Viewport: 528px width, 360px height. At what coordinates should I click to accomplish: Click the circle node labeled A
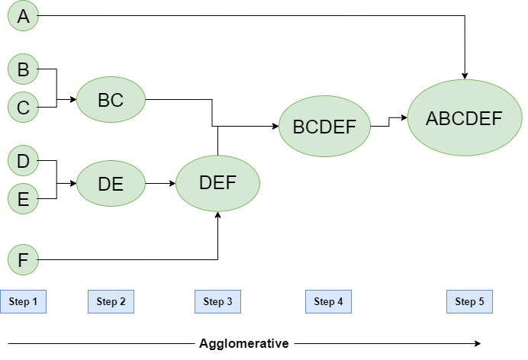(x=23, y=16)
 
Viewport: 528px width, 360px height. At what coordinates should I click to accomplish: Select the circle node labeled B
(x=23, y=69)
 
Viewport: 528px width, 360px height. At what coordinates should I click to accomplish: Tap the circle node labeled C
(x=23, y=108)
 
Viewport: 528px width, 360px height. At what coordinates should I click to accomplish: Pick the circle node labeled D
(x=23, y=161)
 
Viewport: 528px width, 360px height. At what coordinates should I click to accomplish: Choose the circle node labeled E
(x=23, y=199)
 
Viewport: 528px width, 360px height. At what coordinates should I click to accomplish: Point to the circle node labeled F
(x=23, y=260)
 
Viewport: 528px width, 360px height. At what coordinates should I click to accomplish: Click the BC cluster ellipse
(x=111, y=99)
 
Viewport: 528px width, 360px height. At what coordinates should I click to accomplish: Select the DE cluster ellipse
(x=111, y=183)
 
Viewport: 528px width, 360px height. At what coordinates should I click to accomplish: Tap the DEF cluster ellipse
(x=217, y=183)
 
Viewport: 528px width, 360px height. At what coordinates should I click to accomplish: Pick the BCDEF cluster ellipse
(x=324, y=127)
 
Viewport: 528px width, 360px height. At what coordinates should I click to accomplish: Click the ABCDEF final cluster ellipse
(x=464, y=119)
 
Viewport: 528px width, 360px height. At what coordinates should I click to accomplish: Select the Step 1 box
(x=23, y=301)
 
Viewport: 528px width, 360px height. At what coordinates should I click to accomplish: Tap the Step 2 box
(x=111, y=301)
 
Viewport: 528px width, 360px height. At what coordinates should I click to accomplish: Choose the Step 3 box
(x=217, y=301)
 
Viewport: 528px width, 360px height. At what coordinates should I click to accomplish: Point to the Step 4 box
(x=328, y=301)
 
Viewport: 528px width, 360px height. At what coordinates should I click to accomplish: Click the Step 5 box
(x=469, y=301)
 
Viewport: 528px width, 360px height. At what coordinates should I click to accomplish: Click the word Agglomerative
(x=243, y=343)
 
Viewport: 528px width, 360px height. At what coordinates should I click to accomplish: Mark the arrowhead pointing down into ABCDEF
(x=465, y=75)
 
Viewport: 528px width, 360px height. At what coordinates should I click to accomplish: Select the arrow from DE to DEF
(x=160, y=184)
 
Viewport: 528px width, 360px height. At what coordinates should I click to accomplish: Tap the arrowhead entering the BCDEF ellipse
(x=275, y=127)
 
